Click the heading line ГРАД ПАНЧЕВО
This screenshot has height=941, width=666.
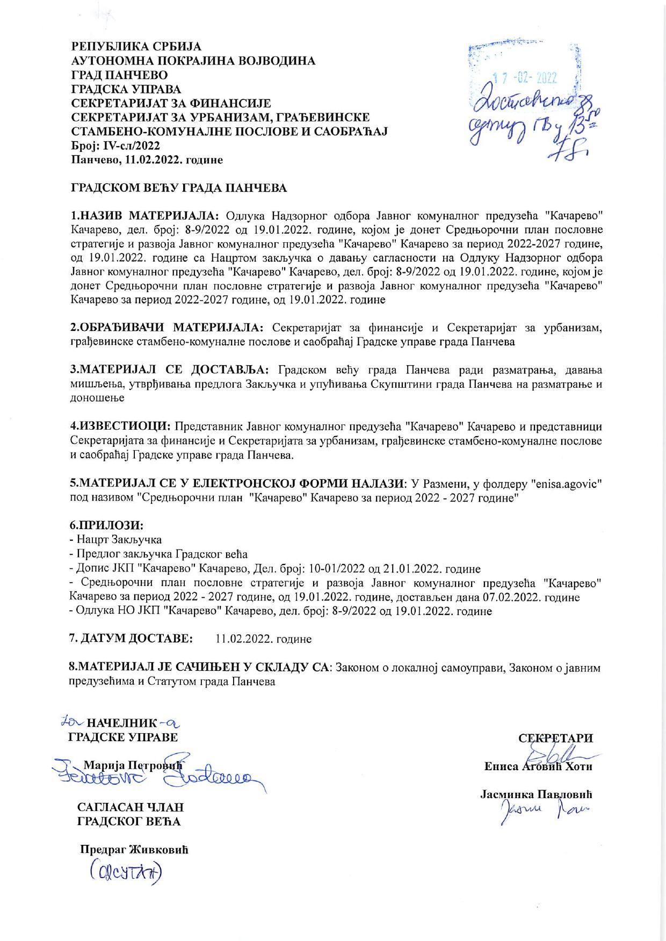[119, 75]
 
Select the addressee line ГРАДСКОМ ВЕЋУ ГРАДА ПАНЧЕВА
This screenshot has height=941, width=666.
[179, 188]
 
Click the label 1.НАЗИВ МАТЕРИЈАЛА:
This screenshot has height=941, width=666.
[145, 216]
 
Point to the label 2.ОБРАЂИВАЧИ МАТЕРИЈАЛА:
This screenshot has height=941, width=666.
[167, 328]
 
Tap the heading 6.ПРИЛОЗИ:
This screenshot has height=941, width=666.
[107, 524]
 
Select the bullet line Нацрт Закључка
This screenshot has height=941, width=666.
[119, 539]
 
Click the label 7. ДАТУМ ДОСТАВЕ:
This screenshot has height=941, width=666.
[131, 639]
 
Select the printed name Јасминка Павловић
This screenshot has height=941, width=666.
[536, 794]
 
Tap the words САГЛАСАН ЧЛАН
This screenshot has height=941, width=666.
[131, 807]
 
